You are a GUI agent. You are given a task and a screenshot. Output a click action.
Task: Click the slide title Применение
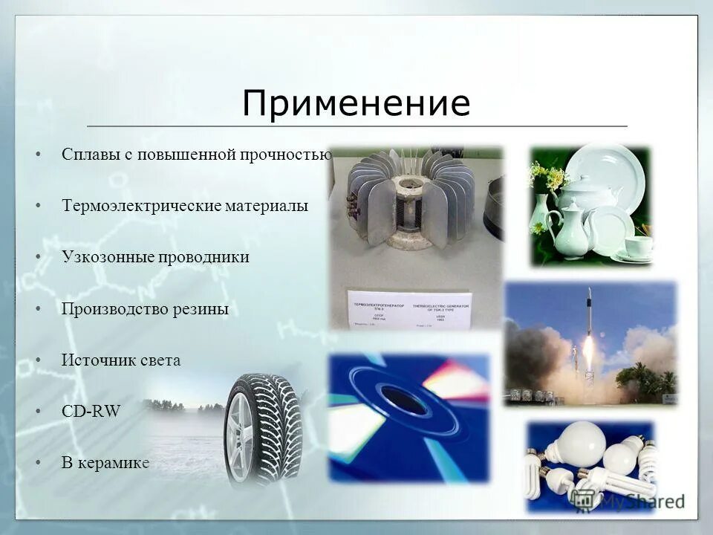pos(356,103)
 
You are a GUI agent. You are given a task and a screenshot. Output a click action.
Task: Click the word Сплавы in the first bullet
pos(87,155)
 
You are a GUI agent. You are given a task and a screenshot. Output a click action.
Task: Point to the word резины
pos(202,308)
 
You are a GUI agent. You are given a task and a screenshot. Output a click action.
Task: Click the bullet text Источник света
pos(121,360)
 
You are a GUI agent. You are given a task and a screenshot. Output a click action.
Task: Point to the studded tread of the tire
pos(279,424)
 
